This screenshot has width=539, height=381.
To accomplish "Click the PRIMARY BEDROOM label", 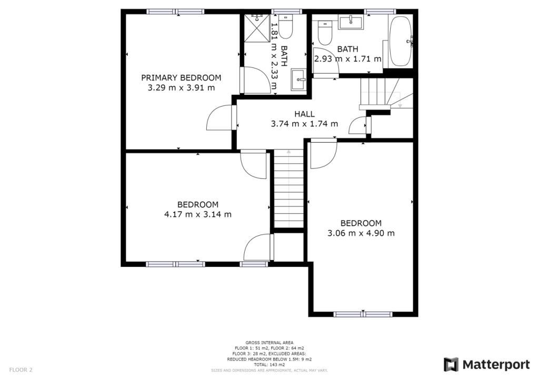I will (181, 77).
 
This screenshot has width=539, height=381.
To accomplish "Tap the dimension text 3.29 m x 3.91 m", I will (181, 87).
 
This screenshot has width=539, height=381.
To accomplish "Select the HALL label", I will (304, 114).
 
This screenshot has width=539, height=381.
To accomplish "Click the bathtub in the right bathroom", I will (401, 41).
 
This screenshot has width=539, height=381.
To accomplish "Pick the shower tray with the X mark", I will (256, 32).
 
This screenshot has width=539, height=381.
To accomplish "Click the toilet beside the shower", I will (285, 28).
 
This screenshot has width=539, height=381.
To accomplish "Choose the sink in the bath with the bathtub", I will (350, 22).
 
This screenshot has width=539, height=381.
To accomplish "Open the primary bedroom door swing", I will (219, 118).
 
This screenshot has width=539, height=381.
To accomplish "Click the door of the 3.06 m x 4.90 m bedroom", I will (322, 154).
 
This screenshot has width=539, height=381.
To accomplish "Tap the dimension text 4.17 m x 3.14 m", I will (198, 214).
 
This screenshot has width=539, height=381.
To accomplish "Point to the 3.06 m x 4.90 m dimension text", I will (361, 233).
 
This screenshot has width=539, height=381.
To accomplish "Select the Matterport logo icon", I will (451, 365).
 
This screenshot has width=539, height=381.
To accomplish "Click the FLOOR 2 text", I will (21, 370).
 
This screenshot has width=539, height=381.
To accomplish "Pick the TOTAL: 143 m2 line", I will (269, 364).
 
